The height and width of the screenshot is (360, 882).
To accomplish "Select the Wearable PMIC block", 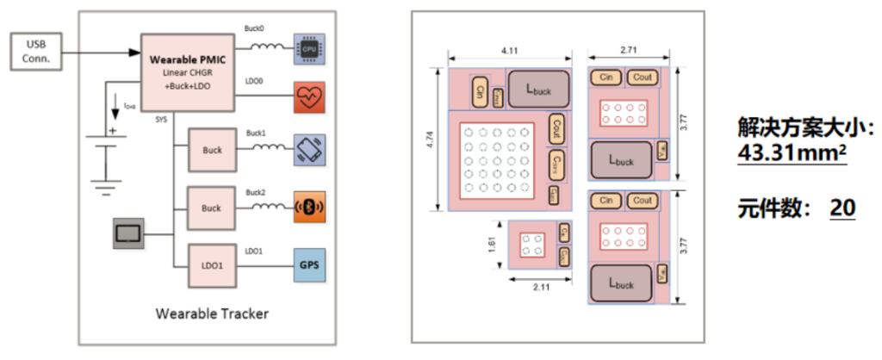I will coord(188,72).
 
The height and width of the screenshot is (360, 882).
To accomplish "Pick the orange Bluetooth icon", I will coord(309,207).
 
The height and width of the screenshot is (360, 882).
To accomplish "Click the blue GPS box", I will coord(309,264).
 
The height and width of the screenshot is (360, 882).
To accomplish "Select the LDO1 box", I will coord(212,265).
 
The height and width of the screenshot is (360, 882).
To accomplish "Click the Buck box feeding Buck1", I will coord(212,150).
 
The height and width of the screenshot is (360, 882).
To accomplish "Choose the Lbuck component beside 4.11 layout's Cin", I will coord(538,90).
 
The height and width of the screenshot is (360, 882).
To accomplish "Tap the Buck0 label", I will coord(254,28).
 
